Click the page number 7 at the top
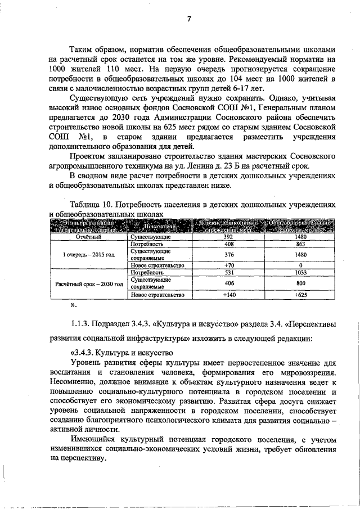189,20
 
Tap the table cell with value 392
228,237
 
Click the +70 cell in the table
228,265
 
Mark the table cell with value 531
228,272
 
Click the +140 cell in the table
228,295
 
